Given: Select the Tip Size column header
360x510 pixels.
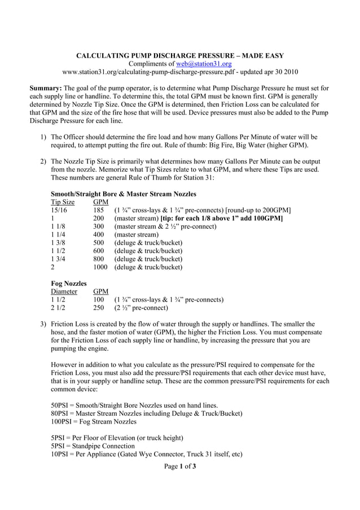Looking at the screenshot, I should (63, 202).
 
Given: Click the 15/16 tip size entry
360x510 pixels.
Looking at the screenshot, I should (59, 210).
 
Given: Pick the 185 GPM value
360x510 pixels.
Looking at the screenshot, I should (99, 210).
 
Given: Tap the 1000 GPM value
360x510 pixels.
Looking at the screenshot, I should (100, 267).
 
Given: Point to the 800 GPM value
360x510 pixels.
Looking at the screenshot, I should (99, 259).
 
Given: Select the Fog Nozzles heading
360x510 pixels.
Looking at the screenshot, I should (68, 283).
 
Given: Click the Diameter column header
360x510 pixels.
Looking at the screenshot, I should (64, 291).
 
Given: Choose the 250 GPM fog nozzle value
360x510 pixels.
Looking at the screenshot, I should (99, 308).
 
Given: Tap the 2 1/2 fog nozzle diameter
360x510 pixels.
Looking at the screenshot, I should (57, 308).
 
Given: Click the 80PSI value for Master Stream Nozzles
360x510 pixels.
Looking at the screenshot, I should (60, 413).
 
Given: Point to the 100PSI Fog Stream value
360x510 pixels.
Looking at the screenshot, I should (62, 421).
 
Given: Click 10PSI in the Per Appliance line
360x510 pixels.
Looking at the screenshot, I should (60, 454).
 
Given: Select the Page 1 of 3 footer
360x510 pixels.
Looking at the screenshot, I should (180, 467).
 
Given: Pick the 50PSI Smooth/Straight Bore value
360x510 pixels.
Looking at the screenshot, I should (60, 405).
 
